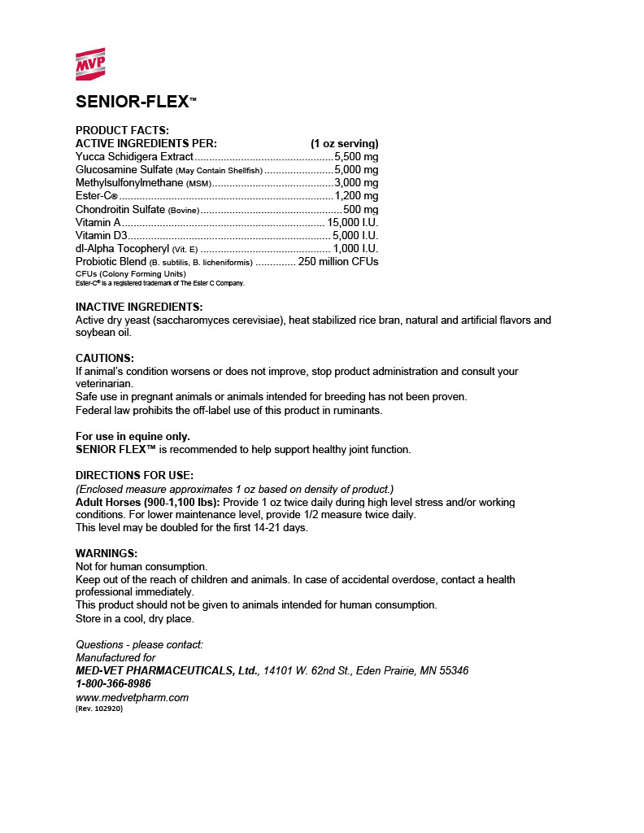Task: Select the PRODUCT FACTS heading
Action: coord(122,130)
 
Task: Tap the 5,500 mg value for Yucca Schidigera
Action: coord(356,156)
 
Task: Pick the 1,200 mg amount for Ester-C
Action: coord(356,196)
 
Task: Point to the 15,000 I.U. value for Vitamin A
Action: coord(352,222)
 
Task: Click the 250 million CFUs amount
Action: coord(338,261)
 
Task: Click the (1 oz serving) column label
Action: coord(344,143)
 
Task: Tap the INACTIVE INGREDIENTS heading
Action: coord(138,307)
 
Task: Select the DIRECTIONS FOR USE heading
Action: coord(134,475)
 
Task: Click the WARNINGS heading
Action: coord(107,553)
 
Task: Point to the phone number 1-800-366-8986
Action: coord(113,683)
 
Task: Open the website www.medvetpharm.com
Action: coord(132,697)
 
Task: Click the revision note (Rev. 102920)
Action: coord(98,709)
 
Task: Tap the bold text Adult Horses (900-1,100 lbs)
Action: coord(147,502)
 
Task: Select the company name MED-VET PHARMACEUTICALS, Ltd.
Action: coord(168,670)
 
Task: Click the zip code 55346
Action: coord(451,670)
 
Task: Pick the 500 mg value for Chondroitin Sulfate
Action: coord(360,209)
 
